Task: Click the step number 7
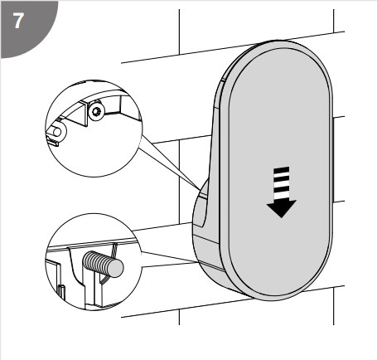coord(18,21)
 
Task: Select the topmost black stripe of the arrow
coord(282,169)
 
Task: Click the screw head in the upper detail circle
coord(97,112)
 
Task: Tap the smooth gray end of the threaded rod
coord(116,268)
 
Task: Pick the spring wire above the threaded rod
coord(114,250)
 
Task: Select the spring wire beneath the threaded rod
coord(105,280)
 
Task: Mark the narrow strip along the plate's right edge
coord(333,160)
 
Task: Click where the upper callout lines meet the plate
coord(201,190)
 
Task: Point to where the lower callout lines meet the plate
coord(198,261)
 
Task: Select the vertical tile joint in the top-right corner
coord(334,21)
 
